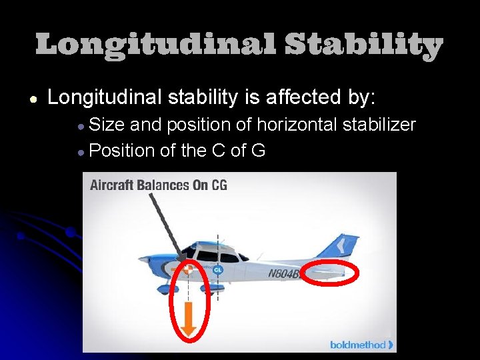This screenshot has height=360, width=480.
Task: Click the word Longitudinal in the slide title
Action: tap(155, 46)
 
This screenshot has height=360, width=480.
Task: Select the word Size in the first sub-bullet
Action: tap(107, 125)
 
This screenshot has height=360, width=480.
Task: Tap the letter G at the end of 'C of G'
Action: tap(258, 151)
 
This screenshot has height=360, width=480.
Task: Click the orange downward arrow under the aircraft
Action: tap(189, 319)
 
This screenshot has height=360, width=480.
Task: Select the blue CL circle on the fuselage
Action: tap(217, 269)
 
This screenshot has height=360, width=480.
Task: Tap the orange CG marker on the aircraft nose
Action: tap(189, 270)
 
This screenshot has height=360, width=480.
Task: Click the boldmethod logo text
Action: tap(358, 345)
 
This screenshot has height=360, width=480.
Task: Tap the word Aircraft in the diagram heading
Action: tap(113, 185)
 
